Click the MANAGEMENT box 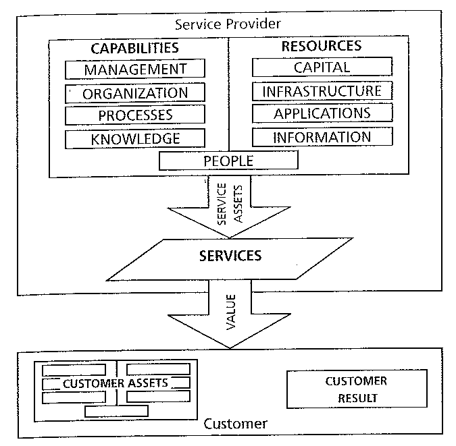tap(135, 69)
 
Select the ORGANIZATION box tap(135, 93)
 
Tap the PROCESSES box tap(135, 115)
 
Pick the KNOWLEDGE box tap(135, 139)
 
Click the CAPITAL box tap(322, 67)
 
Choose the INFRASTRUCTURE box tap(322, 90)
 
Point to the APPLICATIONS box tap(322, 113)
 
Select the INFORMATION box tap(322, 137)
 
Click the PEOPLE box tap(228, 161)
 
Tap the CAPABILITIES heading tap(135, 47)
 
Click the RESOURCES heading tap(321, 46)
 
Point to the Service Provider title tap(228, 24)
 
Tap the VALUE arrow tap(229, 317)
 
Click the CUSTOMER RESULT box tap(356, 389)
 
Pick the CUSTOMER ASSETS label tap(116, 383)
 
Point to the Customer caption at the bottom tap(235, 424)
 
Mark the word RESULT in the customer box tap(356, 397)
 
